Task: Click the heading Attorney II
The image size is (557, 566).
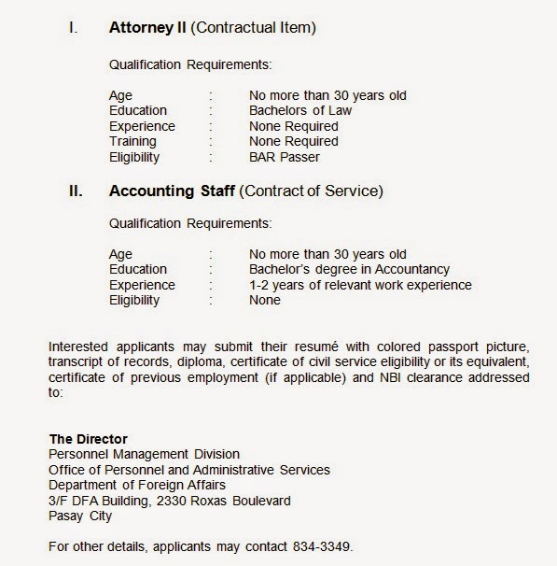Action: point(148,28)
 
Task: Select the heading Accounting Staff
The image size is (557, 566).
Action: point(172,192)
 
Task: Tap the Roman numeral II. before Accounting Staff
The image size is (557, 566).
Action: point(76,192)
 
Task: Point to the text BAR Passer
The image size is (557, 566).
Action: point(284,157)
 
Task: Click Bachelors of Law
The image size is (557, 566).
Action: point(300,110)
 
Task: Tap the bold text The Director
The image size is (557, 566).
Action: point(88,438)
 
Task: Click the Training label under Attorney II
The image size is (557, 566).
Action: point(132,141)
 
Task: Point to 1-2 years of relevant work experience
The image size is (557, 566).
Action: point(360,285)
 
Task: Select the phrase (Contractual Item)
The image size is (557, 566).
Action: point(254,28)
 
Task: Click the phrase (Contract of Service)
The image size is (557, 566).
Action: point(311,192)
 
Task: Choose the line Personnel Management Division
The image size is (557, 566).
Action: point(144,454)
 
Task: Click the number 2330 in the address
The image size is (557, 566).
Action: point(180,501)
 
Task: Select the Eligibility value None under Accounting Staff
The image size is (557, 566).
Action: point(265,301)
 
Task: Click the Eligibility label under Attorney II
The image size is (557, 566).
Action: point(134,157)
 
